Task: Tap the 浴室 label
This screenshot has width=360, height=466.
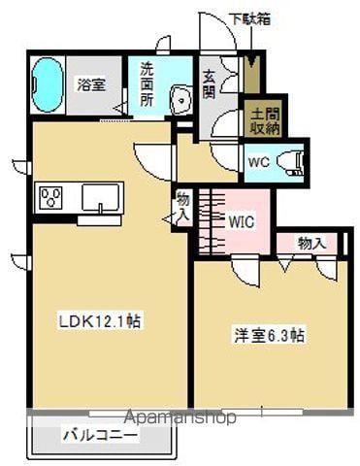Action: click(93, 85)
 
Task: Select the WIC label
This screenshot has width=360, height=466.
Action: click(242, 220)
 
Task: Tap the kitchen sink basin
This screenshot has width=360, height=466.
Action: click(100, 198)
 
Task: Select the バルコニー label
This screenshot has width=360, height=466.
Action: click(101, 437)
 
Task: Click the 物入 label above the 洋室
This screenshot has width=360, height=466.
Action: click(311, 243)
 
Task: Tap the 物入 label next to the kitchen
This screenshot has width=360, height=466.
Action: click(182, 205)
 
